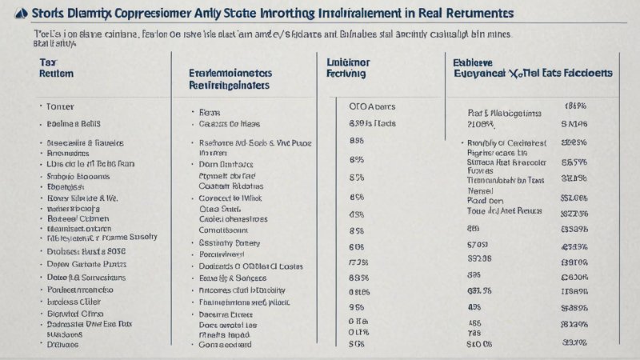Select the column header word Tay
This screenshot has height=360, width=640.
click(48, 61)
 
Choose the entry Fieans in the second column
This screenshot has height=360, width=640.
click(210, 113)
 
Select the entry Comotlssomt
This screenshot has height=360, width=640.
click(230, 230)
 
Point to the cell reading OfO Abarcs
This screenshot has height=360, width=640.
click(372, 106)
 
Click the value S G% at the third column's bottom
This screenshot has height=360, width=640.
click(358, 345)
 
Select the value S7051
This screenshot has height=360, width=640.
click(478, 245)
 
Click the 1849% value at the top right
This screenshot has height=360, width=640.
click(576, 106)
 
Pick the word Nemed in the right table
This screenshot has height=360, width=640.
click(481, 191)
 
